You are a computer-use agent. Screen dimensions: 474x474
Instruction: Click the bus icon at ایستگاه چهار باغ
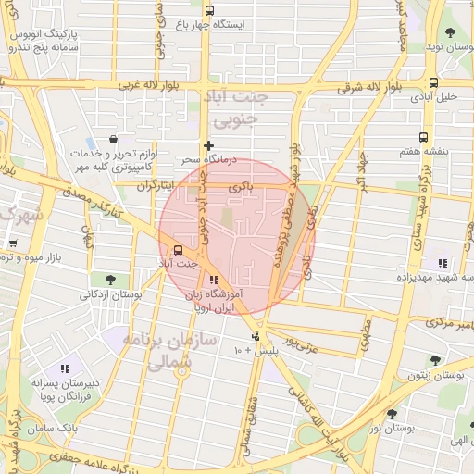point(209,10)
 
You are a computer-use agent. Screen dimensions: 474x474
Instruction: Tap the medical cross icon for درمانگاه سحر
point(209,145)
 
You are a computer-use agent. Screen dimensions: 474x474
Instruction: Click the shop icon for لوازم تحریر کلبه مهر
point(112,139)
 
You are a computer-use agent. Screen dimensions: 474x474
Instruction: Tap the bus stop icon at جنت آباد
point(178,249)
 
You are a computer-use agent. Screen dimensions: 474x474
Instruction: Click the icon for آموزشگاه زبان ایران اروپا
point(215,279)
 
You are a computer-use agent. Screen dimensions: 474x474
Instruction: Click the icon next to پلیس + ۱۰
point(256,336)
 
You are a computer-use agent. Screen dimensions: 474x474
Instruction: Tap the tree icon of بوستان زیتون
point(435,360)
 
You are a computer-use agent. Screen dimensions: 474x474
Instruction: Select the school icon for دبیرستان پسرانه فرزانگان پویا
point(64,369)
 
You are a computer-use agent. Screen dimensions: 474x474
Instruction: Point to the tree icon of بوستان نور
point(392,414)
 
